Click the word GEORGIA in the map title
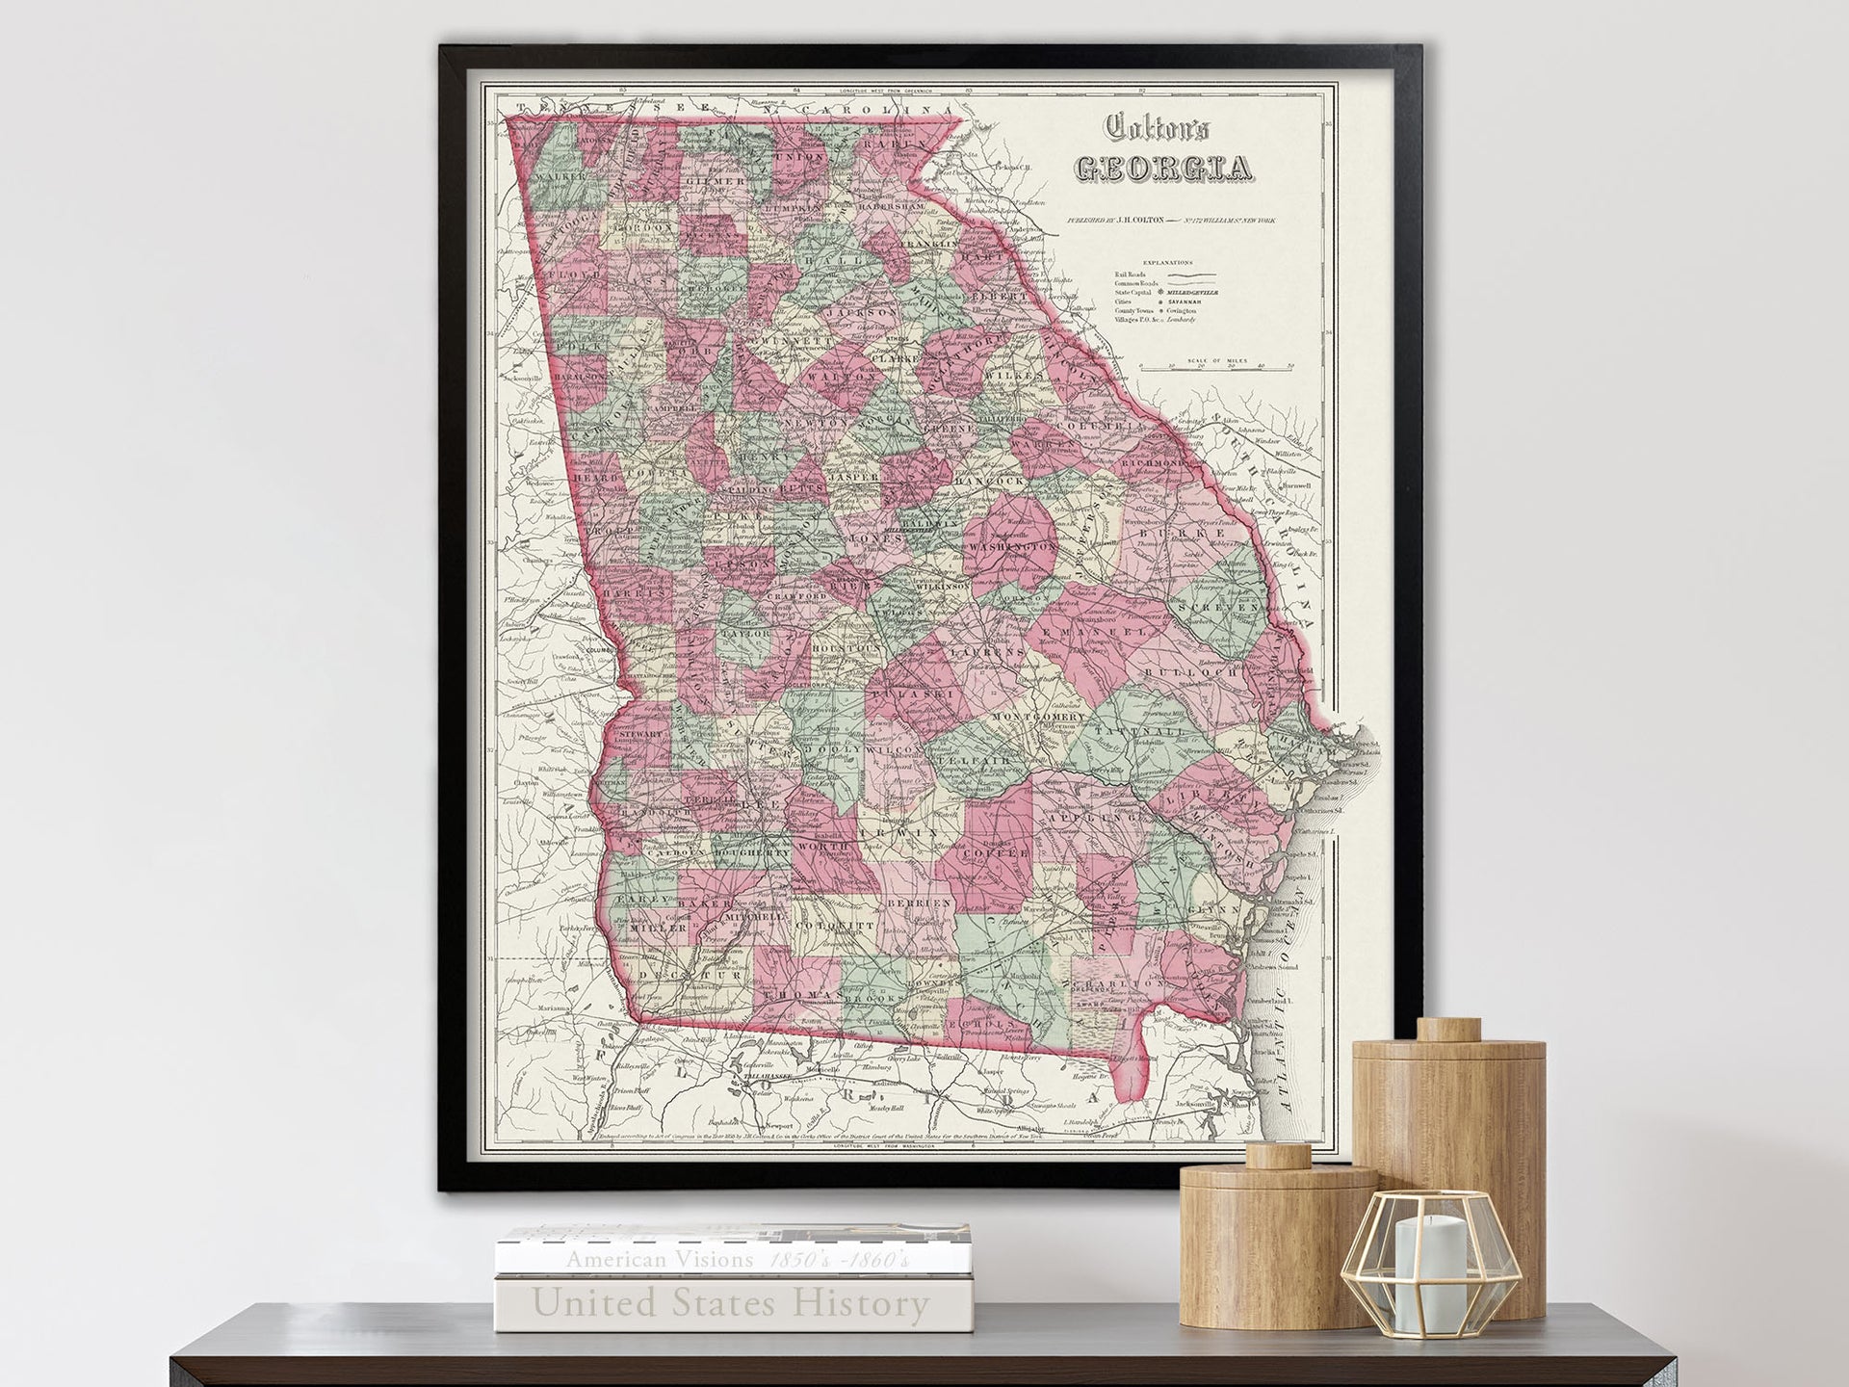click(x=1163, y=167)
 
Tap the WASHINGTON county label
click(x=1014, y=547)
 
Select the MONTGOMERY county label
click(x=1038, y=719)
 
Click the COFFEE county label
click(x=998, y=853)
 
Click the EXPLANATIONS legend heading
click(x=1167, y=262)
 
